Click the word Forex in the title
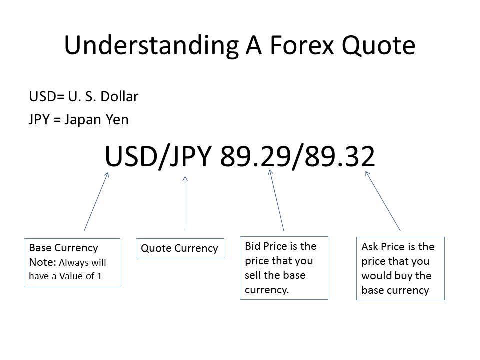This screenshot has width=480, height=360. click(302, 45)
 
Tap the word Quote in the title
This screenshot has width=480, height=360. click(378, 46)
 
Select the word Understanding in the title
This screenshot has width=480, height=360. click(151, 46)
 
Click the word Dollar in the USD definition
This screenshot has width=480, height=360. click(119, 96)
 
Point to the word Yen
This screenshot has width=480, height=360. click(117, 119)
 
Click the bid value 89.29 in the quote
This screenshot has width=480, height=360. click(255, 156)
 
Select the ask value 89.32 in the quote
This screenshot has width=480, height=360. click(340, 156)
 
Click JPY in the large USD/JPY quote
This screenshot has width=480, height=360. click(190, 156)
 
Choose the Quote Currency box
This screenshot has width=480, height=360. click(180, 248)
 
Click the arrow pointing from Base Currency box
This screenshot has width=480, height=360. click(96, 201)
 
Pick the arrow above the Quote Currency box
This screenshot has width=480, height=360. click(185, 203)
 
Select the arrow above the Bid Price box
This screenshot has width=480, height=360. click(276, 200)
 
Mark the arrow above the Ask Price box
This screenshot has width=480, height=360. click(383, 201)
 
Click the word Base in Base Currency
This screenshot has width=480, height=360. click(40, 247)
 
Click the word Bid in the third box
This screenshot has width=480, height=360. click(253, 246)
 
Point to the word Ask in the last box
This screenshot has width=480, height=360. click(370, 246)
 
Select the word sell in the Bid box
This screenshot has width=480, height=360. click(252, 275)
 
